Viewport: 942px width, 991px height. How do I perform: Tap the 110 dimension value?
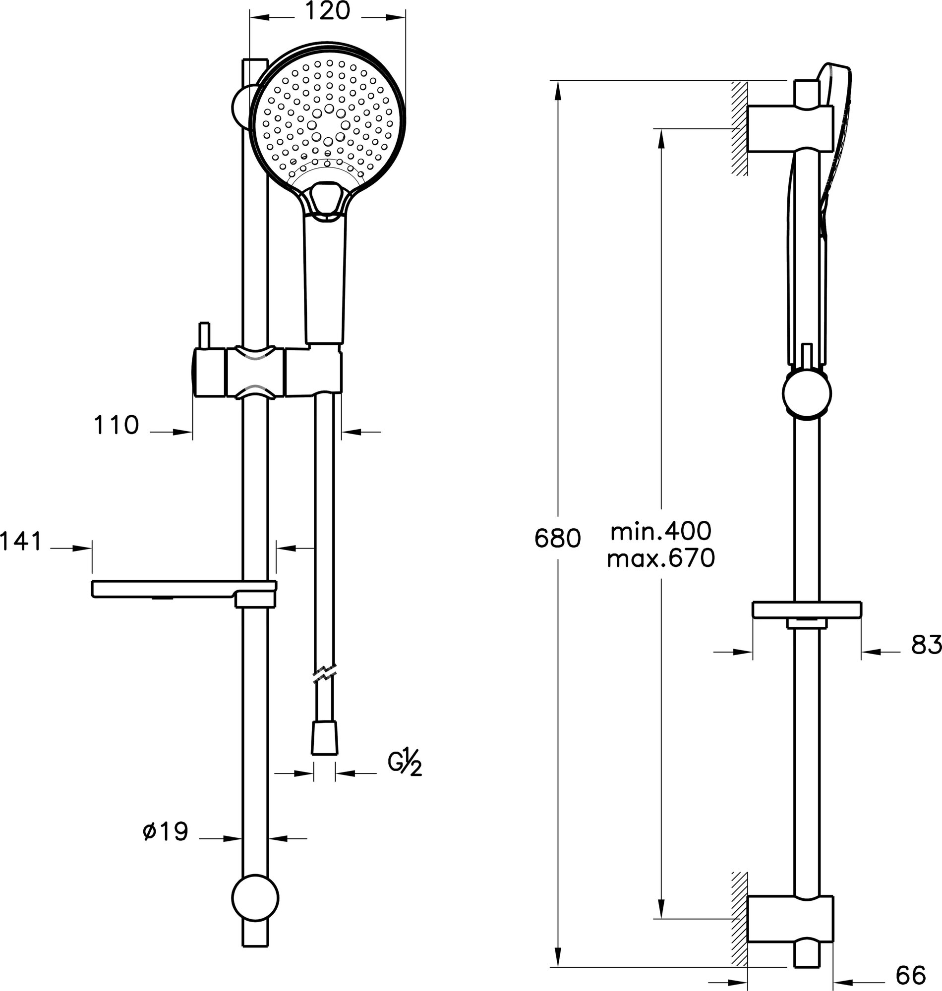click(x=116, y=426)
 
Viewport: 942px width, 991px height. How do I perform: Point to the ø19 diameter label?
click(x=165, y=832)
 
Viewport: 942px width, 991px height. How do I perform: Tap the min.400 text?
click(x=661, y=531)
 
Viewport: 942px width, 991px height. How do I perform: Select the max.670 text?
click(x=661, y=558)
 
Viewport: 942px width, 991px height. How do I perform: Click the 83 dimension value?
click(x=926, y=645)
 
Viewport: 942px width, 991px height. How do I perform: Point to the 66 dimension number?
click(x=911, y=976)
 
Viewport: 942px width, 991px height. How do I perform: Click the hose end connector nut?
click(x=324, y=738)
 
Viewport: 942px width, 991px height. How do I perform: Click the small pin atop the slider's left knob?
click(x=204, y=335)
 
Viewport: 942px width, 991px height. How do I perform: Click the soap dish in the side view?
click(x=807, y=609)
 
